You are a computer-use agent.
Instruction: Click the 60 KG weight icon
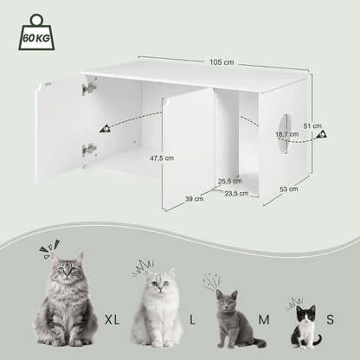click(x=34, y=34)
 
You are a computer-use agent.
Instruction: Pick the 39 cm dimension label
click(x=193, y=198)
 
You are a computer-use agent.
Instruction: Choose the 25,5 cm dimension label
click(x=228, y=181)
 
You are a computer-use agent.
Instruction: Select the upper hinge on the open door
click(x=87, y=88)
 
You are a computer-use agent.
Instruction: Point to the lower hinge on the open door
click(x=87, y=149)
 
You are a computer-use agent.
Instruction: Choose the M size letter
click(x=262, y=320)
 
